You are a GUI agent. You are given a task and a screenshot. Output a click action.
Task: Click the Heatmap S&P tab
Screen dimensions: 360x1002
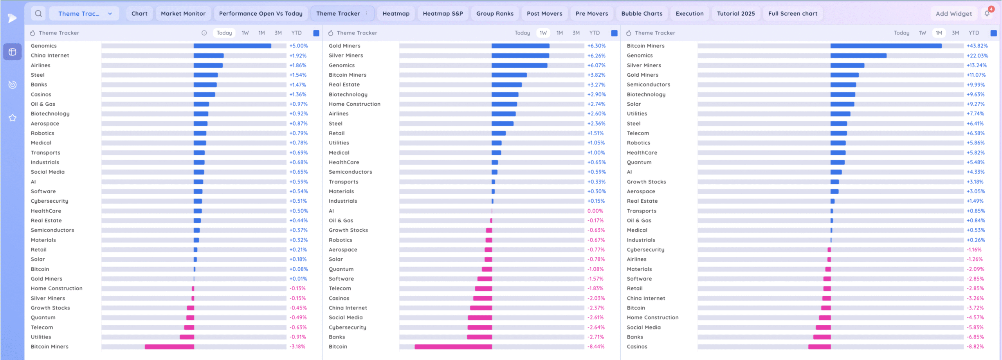coord(443,14)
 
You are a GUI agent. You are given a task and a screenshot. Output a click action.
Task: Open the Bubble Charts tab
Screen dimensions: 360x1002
coord(642,14)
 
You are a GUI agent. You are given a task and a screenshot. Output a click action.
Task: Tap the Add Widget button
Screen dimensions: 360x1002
coord(953,14)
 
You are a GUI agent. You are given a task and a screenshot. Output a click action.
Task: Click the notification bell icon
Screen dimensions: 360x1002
coord(987,14)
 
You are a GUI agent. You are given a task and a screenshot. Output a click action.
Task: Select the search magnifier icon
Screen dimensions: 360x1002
coord(38,14)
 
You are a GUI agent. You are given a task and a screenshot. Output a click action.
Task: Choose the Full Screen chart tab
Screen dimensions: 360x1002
coord(793,14)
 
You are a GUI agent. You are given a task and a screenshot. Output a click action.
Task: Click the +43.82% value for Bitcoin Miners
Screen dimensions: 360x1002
coord(977,46)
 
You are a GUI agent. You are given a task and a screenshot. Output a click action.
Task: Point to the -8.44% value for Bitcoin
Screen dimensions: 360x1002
coord(596,347)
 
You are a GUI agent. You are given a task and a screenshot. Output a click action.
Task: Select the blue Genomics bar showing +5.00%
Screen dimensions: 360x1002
coord(232,46)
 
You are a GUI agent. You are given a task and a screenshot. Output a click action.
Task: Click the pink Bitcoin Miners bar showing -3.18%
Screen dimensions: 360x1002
coord(169,347)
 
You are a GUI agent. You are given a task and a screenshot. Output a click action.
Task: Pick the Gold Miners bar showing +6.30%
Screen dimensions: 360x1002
coord(520,46)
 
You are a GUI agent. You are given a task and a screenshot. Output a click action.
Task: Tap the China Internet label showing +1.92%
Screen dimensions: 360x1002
coord(50,56)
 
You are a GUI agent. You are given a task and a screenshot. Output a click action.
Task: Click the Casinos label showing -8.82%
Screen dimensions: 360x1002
coord(637,347)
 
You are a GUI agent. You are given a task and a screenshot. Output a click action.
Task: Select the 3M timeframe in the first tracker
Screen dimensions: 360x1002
coord(278,33)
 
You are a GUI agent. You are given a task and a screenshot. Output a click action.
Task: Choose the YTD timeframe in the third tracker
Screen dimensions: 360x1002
coord(973,33)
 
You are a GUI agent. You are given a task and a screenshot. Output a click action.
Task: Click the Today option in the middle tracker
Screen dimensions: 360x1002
coord(522,33)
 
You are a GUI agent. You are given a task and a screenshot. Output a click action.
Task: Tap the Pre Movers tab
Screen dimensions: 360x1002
coord(591,14)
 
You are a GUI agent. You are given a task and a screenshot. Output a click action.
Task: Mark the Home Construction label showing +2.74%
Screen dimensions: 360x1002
coord(354,104)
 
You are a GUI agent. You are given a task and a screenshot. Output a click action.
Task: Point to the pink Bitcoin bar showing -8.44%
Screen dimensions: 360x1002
coord(453,347)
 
